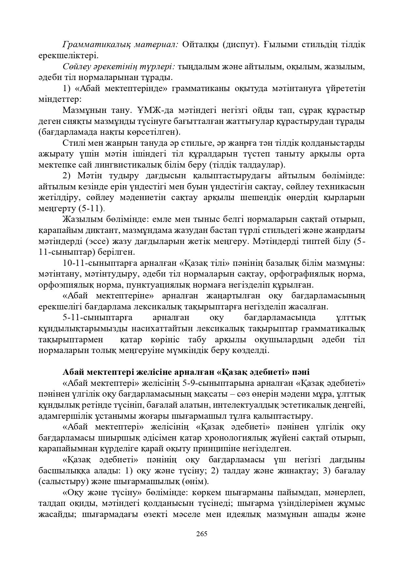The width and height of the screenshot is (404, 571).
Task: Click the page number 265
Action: pyautogui.click(x=202, y=534)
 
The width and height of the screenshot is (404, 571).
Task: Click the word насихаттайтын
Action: pyautogui.click(x=159, y=329)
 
